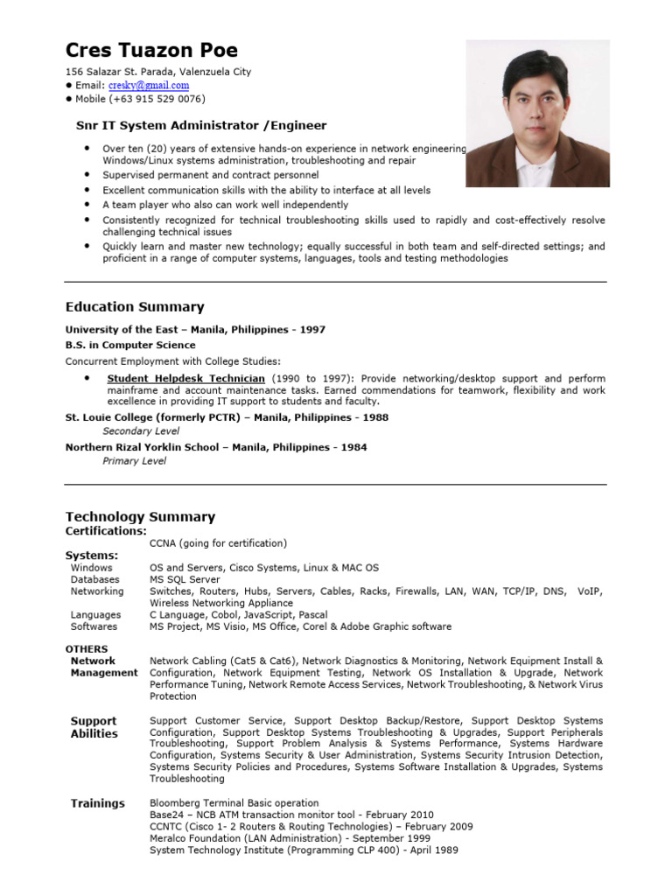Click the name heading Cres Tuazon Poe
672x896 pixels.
point(151,50)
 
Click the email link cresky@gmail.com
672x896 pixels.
point(149,85)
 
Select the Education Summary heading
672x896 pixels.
point(135,307)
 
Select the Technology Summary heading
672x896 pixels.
point(140,517)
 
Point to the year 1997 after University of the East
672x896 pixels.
point(312,330)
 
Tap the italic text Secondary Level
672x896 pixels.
point(141,431)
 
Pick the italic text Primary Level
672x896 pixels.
point(134,461)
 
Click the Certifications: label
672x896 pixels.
point(106,531)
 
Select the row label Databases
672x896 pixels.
point(95,579)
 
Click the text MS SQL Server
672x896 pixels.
point(185,579)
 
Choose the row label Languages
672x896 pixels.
point(95,615)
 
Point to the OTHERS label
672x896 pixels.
point(87,649)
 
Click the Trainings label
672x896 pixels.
point(97,803)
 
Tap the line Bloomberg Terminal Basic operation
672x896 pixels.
point(234,802)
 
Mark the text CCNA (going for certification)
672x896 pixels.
point(218,543)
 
